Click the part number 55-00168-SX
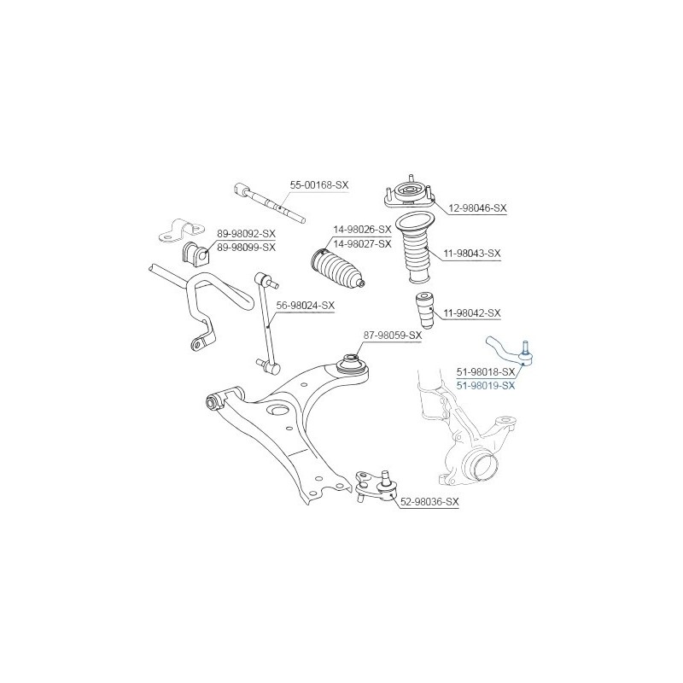click(319, 184)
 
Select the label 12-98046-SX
click(478, 208)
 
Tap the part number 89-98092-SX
click(247, 233)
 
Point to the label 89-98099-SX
click(247, 248)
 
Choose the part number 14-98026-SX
click(362, 230)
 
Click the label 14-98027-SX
click(362, 244)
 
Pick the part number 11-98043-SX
click(472, 253)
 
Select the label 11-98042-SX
click(472, 312)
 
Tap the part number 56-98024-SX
click(306, 306)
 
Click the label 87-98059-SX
click(393, 336)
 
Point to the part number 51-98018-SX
click(486, 372)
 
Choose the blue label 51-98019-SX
click(486, 386)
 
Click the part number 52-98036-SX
click(429, 502)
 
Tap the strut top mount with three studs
click(409, 194)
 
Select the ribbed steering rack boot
click(337, 267)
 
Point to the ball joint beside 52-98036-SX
click(376, 485)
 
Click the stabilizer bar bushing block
click(196, 253)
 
